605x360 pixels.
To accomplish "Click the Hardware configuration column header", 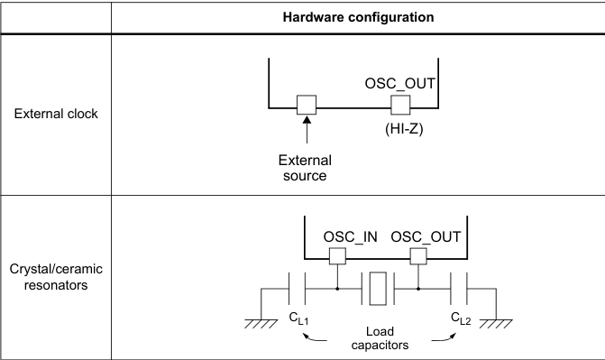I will coord(357,18).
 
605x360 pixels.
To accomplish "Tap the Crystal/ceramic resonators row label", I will coord(56,277).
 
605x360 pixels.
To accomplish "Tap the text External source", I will coord(306,168).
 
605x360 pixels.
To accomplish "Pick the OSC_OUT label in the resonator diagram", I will coord(426,237).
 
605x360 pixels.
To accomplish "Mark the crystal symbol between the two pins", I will coord(378,289).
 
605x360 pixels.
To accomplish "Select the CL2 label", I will coord(461,318).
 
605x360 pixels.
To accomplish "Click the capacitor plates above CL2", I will coord(460,289).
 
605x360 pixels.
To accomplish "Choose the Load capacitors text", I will coord(378,337).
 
